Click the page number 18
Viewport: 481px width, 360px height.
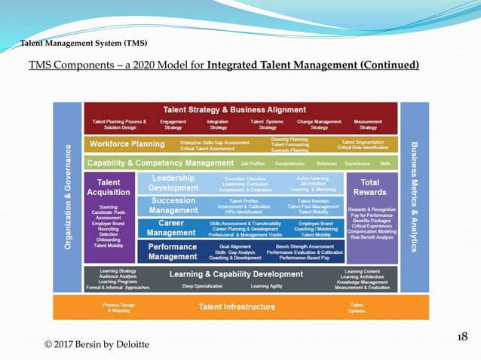pyautogui.click(x=463, y=336)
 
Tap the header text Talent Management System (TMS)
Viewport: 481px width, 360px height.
pyautogui.click(x=84, y=41)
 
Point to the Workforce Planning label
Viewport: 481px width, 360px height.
pyautogui.click(x=127, y=144)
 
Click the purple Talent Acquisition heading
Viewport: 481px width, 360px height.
pyautogui.click(x=109, y=187)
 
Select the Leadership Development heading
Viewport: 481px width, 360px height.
pyautogui.click(x=175, y=183)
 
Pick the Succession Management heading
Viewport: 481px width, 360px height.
pyautogui.click(x=174, y=205)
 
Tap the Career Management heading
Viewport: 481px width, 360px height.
pyautogui.click(x=173, y=227)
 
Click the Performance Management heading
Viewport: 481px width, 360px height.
pyautogui.click(x=173, y=251)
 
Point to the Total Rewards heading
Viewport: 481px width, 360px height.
pyautogui.click(x=370, y=187)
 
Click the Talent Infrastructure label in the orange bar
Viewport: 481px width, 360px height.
pyautogui.click(x=237, y=307)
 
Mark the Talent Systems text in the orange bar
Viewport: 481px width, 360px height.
pyautogui.click(x=357, y=307)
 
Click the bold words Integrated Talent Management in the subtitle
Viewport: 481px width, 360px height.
pyautogui.click(x=313, y=66)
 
